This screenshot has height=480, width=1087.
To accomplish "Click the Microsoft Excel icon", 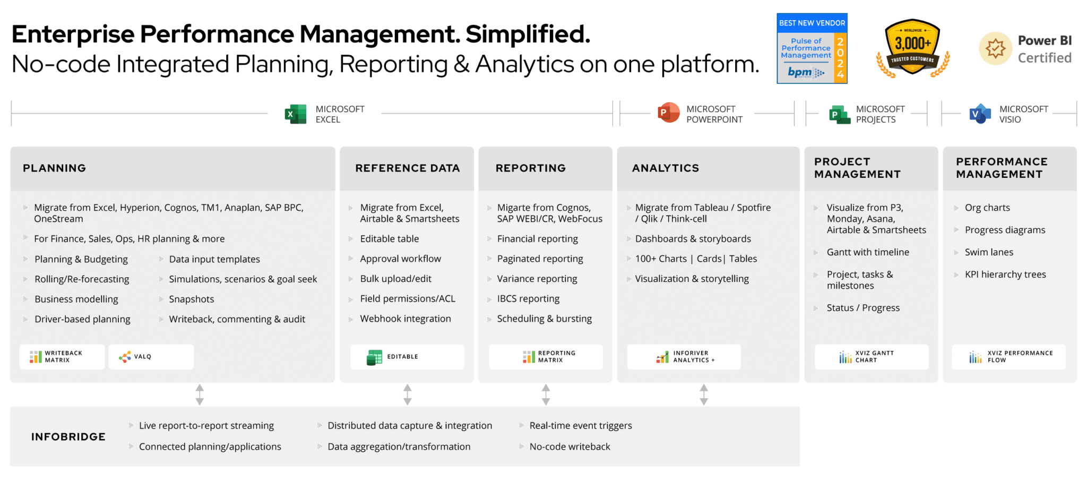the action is pos(296,114).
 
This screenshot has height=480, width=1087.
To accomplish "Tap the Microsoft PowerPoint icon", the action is pos(669,113).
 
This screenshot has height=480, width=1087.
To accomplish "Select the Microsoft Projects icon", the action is pos(840,114).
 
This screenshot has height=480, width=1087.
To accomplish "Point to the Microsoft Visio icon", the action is pos(980,114).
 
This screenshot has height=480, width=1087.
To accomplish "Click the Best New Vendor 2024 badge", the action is pos(812,48).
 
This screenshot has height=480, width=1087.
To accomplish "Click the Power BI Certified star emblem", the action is pos(996,48).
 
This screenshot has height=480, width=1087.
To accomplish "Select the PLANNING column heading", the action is pos(54,168).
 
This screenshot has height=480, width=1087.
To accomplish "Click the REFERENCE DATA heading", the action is pos(408,168).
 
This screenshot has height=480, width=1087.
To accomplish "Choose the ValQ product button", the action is pos(151,357).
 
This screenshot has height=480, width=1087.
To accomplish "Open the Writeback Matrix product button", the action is pos(62,357).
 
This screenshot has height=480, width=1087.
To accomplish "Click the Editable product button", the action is pos(407,357).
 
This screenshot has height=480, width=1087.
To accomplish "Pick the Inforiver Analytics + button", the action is pos(684,357).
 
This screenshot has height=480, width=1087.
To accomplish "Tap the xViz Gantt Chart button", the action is pos(872,357).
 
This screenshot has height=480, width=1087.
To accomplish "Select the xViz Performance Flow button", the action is pos(1008,357).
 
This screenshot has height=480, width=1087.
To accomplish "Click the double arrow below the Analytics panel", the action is pos(704,395).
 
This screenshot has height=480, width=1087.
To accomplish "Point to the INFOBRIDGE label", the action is pos(68,437).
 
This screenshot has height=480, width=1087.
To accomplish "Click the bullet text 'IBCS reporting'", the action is pos(528,299).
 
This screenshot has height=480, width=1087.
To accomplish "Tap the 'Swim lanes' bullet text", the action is pos(989,252).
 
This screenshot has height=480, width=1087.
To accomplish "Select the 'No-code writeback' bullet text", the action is pos(570,447).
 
